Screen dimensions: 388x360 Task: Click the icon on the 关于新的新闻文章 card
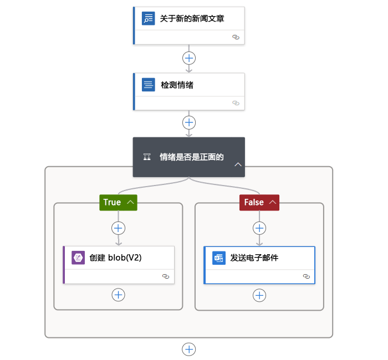pyautogui.click(x=148, y=18)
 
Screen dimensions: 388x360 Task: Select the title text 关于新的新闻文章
pyautogui.click(x=192, y=18)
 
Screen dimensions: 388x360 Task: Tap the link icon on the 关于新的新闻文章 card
pyautogui.click(x=236, y=37)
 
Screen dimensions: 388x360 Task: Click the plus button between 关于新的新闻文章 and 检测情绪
pyautogui.click(x=189, y=58)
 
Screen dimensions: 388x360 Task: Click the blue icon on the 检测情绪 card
pyautogui.click(x=148, y=85)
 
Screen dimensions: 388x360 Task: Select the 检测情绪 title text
pyautogui.click(x=177, y=85)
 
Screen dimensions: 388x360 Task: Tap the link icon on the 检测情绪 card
pyautogui.click(x=236, y=103)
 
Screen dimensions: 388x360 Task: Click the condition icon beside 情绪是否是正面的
pyautogui.click(x=147, y=157)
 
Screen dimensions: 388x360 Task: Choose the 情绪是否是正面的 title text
pyautogui.click(x=192, y=157)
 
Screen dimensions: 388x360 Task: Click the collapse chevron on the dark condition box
pyautogui.click(x=238, y=164)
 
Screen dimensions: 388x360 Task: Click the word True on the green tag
pyautogui.click(x=112, y=202)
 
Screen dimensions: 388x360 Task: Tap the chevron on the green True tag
pyautogui.click(x=130, y=202)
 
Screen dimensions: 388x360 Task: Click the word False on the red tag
pyautogui.click(x=254, y=202)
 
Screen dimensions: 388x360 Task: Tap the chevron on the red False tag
pyautogui.click(x=273, y=202)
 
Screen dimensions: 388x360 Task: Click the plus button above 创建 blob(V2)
pyautogui.click(x=118, y=228)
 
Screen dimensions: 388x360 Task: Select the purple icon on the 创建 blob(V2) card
pyautogui.click(x=78, y=258)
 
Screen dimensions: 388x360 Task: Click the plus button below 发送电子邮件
pyautogui.click(x=259, y=295)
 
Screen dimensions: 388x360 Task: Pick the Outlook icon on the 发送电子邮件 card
pyautogui.click(x=219, y=258)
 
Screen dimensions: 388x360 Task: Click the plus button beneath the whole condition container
pyautogui.click(x=189, y=349)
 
